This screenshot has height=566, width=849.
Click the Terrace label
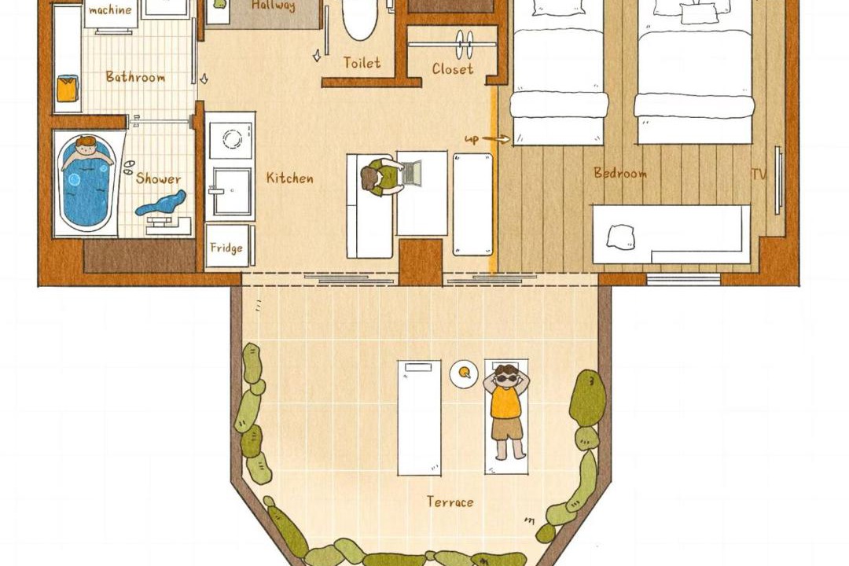pyautogui.click(x=450, y=502)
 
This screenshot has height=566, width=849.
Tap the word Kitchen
pyautogui.click(x=289, y=178)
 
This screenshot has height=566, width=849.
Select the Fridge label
pyautogui.click(x=226, y=248)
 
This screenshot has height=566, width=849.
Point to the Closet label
pyautogui.click(x=453, y=69)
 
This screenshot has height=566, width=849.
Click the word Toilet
pyautogui.click(x=362, y=63)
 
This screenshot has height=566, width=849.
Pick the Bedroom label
pyautogui.click(x=620, y=173)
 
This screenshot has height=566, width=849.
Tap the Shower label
pyautogui.click(x=158, y=178)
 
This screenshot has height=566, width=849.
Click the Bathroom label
pyautogui.click(x=135, y=77)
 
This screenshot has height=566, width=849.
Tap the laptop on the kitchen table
pyautogui.click(x=411, y=172)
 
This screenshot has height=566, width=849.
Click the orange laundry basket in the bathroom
pyautogui.click(x=68, y=89)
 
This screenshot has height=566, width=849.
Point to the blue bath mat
pyautogui.click(x=161, y=203)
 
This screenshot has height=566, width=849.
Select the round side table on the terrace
pyautogui.click(x=464, y=373)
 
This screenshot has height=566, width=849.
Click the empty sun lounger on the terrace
pyautogui.click(x=419, y=417)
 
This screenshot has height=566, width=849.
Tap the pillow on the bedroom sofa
pyautogui.click(x=620, y=237)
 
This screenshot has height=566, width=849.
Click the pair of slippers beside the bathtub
pyautogui.click(x=129, y=167)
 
